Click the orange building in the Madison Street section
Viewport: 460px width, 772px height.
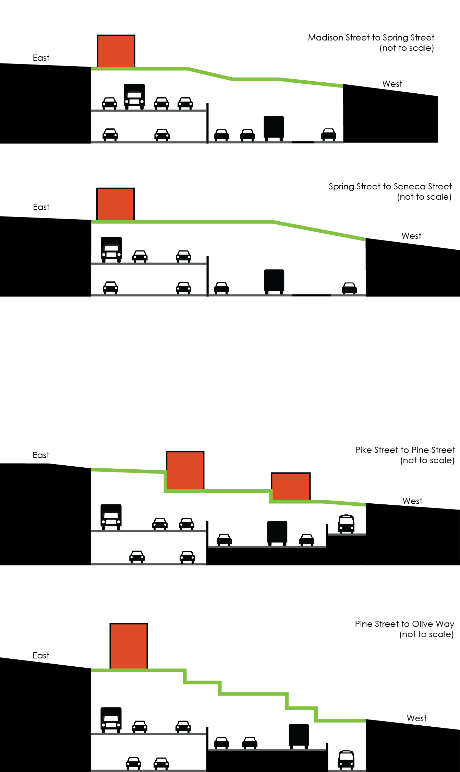point(116,51)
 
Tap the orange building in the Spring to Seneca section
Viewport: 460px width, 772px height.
point(116,204)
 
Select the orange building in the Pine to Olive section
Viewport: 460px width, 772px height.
point(129,646)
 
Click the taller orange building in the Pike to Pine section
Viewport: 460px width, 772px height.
point(185,470)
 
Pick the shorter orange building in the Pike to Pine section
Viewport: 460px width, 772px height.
point(291,486)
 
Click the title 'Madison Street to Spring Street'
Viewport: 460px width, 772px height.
point(371,37)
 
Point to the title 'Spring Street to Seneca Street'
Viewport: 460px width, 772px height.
point(390,186)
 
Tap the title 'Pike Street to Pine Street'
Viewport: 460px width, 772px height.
point(405,450)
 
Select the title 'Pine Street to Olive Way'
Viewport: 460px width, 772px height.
point(404,624)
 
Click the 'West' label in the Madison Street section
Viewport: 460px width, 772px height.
point(392,84)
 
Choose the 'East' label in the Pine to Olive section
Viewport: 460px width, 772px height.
point(41,655)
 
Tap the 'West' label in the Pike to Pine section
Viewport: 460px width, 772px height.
point(412,501)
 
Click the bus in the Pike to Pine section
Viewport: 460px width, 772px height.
point(346,524)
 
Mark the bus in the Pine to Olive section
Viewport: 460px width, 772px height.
point(346,760)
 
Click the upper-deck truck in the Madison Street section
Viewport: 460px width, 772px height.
point(134,96)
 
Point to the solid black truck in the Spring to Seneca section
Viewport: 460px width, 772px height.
point(274,281)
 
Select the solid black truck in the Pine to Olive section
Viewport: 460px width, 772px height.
point(299,736)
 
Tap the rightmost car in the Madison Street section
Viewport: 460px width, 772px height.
point(328,134)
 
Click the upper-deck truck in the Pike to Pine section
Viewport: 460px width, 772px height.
point(111,517)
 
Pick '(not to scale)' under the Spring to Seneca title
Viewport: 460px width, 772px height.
point(424,197)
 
